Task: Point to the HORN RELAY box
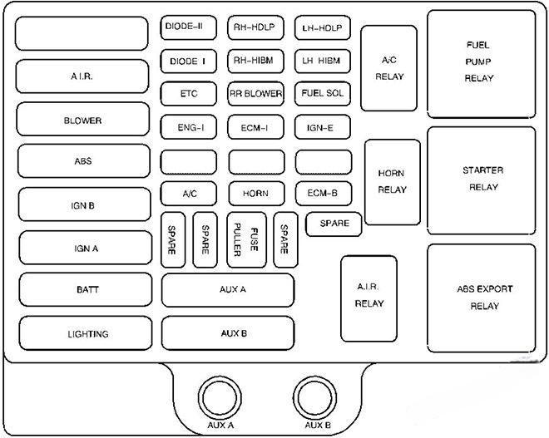pos(392,182)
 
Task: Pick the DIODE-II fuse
pos(189,27)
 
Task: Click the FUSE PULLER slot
pos(246,239)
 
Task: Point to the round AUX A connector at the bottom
pos(218,396)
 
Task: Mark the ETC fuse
pos(189,94)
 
